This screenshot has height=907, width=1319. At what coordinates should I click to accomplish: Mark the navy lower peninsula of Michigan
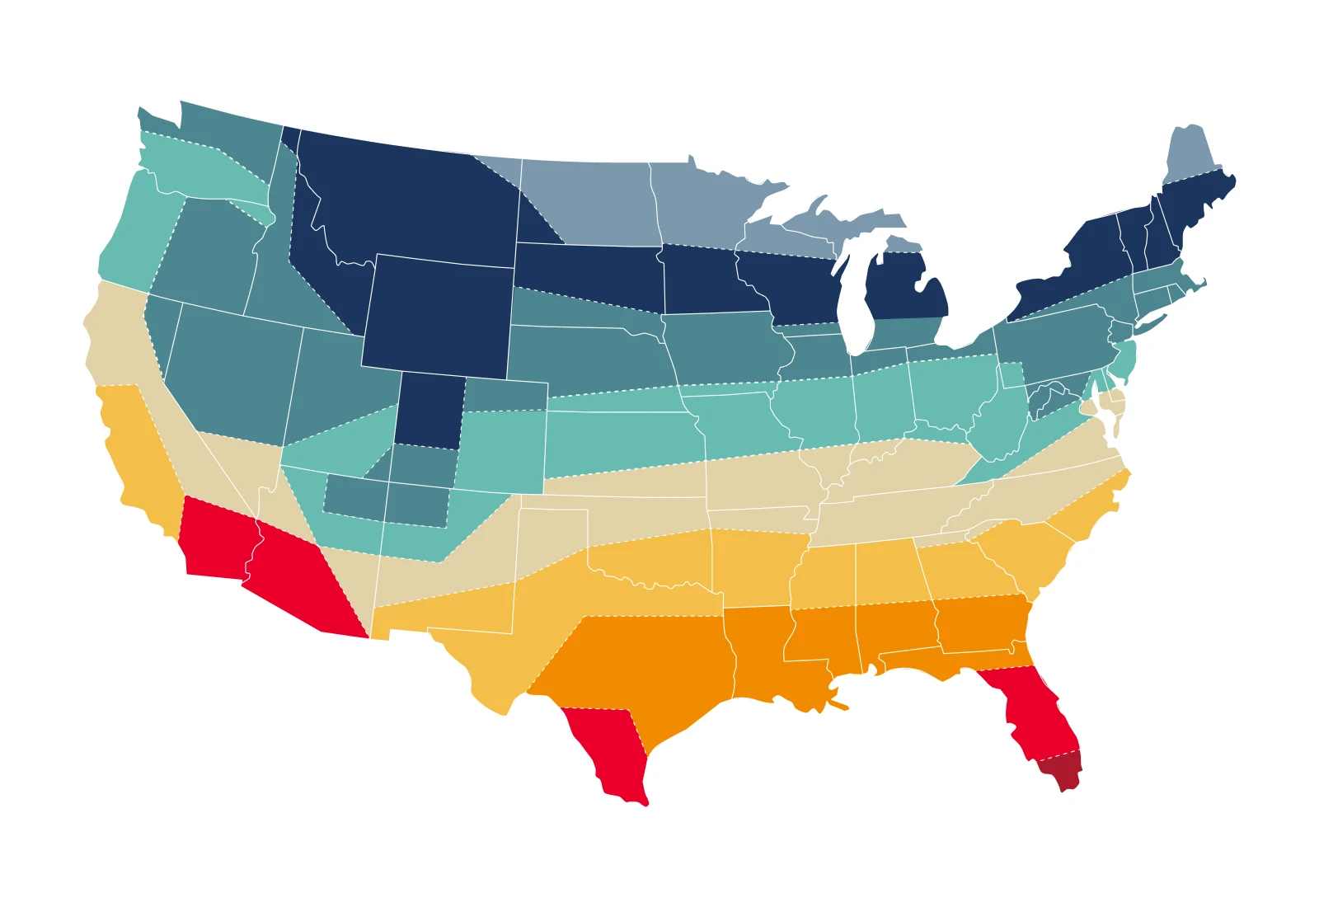907,289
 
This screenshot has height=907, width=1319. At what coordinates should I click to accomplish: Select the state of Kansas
618,437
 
